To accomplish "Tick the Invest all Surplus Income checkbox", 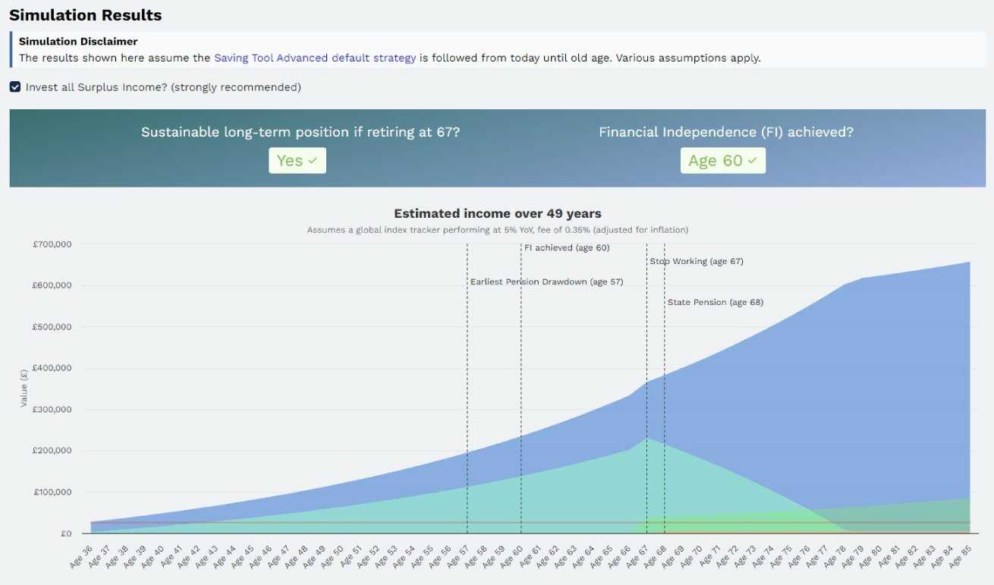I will coord(15,87).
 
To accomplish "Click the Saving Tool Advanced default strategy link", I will coord(315,58).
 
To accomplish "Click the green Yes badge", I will coord(297,160).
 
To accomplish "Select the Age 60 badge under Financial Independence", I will coord(722,160).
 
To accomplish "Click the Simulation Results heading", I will coord(85,15).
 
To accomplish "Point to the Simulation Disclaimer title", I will coord(78,41).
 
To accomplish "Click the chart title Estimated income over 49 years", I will coord(497,214).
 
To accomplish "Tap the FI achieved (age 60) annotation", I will coord(567,247).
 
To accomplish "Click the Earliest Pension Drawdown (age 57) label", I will coord(546,281).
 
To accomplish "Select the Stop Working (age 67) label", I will coord(697,261).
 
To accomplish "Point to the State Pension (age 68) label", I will coord(715,302).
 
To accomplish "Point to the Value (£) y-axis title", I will coord(24,388).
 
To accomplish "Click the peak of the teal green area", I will coord(646,439).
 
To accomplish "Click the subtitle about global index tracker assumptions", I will coord(497,230).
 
